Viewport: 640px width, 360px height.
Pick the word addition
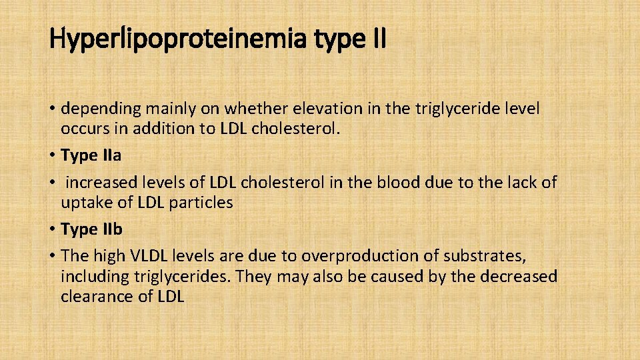[161, 129]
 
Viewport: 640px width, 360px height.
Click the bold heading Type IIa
[91, 155]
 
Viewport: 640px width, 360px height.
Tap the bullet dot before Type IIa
[52, 156]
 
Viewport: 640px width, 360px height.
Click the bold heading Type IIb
[91, 229]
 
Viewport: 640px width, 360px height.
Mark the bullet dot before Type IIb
[52, 230]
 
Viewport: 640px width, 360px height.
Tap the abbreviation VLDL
[151, 255]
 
